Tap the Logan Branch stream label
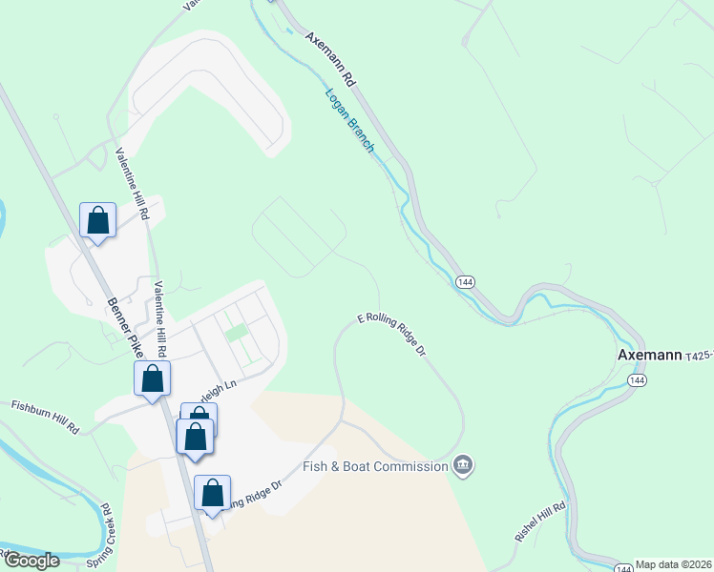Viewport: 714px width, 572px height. (x=349, y=121)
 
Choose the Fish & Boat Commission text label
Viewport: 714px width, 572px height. (x=375, y=466)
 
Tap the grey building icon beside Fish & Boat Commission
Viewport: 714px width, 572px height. (x=463, y=466)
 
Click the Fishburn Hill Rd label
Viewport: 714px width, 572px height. (x=45, y=417)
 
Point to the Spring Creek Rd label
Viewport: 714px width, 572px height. (x=110, y=530)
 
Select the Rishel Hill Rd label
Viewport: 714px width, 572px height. (x=541, y=521)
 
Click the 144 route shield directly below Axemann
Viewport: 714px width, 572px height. (x=635, y=379)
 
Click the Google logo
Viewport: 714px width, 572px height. (x=31, y=561)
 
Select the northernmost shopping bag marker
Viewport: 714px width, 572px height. (x=97, y=221)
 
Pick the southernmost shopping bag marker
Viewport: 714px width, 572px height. (x=213, y=494)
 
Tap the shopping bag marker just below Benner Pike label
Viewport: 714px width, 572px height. (x=153, y=379)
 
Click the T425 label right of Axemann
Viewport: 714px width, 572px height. (x=699, y=356)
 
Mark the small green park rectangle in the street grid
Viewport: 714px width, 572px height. (x=234, y=334)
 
